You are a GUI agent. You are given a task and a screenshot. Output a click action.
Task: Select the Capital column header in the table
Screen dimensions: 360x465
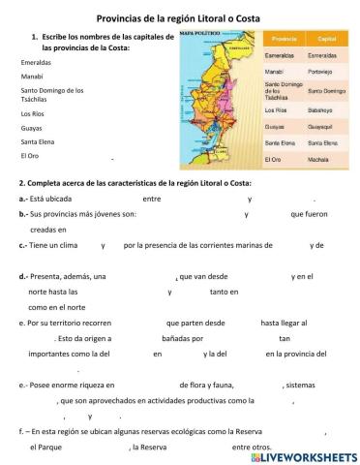(x=326, y=39)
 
